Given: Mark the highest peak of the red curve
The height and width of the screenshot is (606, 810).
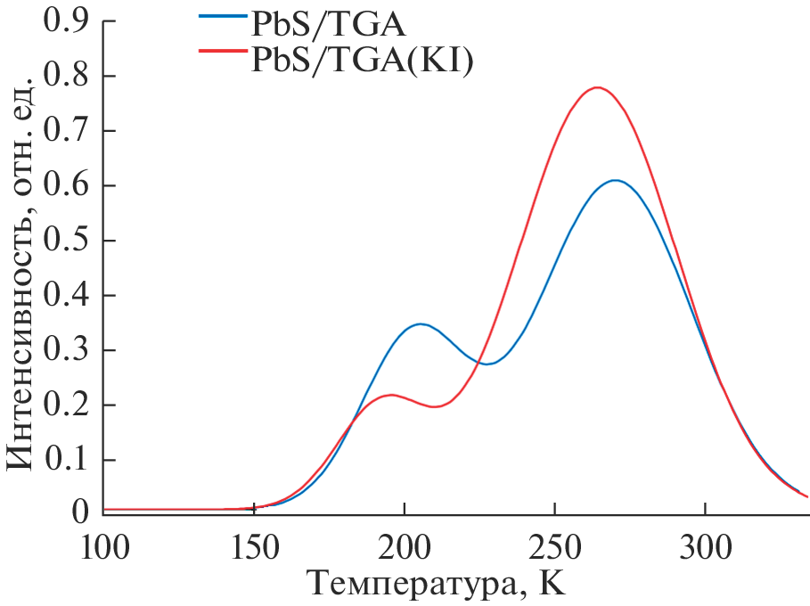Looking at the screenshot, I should (597, 87).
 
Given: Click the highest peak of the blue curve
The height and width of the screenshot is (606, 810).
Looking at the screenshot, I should (615, 180).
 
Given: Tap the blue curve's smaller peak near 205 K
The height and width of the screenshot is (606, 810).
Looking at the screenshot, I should (420, 323).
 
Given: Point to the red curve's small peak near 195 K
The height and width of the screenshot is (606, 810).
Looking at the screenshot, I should (391, 394).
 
